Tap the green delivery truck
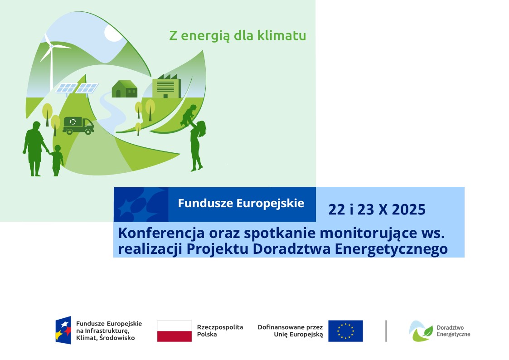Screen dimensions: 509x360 (x=78, y=126)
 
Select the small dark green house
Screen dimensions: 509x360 (x=124, y=88)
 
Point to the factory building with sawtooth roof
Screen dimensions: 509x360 (x=167, y=86)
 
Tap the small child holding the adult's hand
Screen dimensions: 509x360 (x=57, y=161)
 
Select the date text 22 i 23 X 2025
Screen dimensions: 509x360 (x=377, y=210)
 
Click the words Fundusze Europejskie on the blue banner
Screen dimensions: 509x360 (x=241, y=203)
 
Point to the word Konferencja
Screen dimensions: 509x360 (x=161, y=233)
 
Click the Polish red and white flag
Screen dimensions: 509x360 (x=175, y=331)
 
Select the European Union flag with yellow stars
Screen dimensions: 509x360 (x=345, y=331)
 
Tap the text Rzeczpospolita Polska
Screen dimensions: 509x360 (x=220, y=331)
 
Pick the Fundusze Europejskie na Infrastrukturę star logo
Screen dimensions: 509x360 (x=63, y=330)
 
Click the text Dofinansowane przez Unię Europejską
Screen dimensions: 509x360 (x=290, y=331)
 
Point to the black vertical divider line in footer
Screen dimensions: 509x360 (x=386, y=331)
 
